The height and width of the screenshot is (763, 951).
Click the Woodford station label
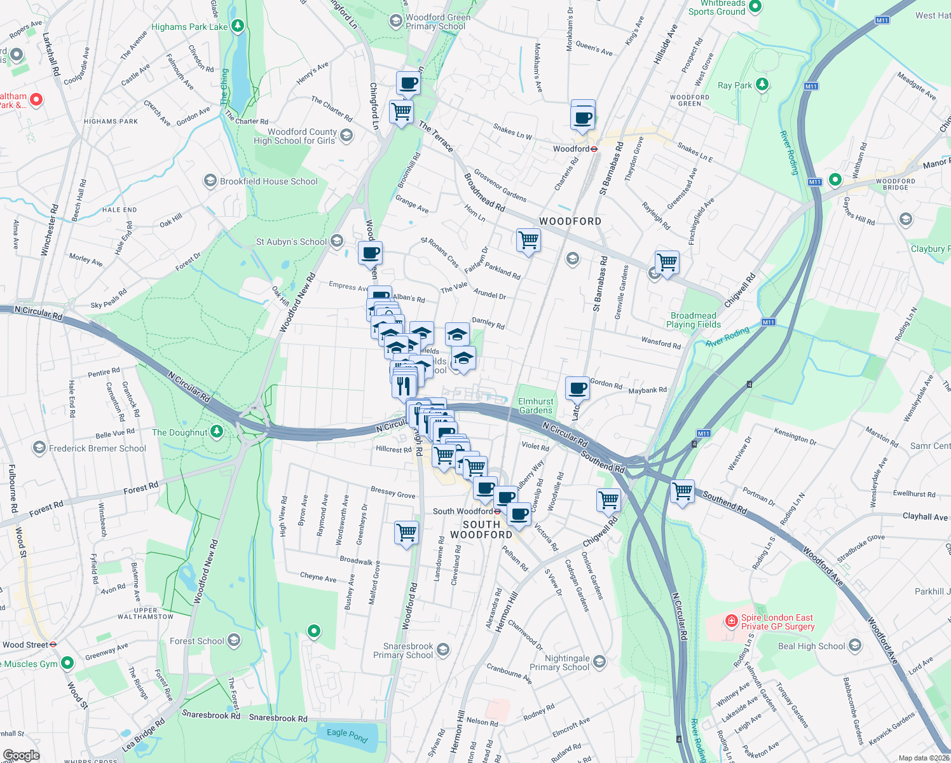coord(571,149)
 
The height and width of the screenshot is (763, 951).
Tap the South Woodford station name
coord(463,511)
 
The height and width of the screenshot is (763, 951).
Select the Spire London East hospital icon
coord(732,620)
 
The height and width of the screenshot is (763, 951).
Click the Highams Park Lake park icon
coord(238,26)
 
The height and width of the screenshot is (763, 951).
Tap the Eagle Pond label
coord(347,735)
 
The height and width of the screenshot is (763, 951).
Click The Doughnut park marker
coord(217,432)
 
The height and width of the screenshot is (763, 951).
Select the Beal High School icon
coord(854,645)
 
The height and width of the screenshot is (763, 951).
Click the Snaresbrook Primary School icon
coord(442,649)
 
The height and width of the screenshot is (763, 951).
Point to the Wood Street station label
coord(25,644)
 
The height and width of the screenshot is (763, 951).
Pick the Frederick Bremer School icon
coord(39,448)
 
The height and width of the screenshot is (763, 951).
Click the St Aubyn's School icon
coord(337,241)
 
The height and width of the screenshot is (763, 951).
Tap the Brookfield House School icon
coord(210,181)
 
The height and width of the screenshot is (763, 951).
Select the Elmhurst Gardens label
coord(536,406)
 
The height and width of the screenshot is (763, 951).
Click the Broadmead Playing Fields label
coord(693,320)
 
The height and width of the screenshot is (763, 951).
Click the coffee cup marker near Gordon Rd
coord(577,387)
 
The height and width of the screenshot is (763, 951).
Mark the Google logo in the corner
coord(21,755)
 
